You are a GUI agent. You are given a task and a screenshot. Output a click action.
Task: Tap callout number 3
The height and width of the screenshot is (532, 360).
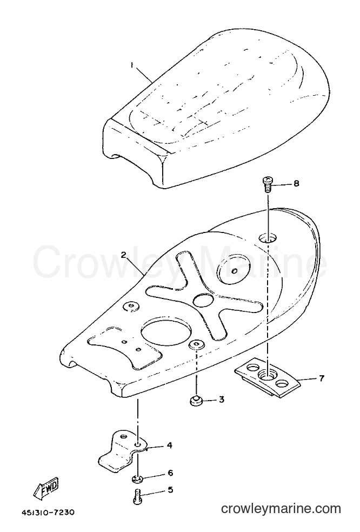pos(221,400)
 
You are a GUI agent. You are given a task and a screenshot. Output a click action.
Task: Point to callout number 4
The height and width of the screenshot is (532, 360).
pos(169,445)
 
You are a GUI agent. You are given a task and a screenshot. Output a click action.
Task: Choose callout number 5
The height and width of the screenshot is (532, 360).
pos(170,490)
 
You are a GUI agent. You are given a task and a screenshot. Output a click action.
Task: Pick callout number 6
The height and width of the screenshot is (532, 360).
pos(170,473)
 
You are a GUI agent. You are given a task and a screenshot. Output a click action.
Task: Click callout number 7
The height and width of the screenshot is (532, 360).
pos(321,377)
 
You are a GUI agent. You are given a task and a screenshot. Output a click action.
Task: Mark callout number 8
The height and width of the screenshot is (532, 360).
pos(296,184)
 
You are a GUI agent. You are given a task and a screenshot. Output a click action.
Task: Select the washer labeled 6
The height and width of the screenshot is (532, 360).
pos(138,479)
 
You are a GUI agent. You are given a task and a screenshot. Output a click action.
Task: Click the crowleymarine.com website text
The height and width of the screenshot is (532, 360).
pos(281,509)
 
